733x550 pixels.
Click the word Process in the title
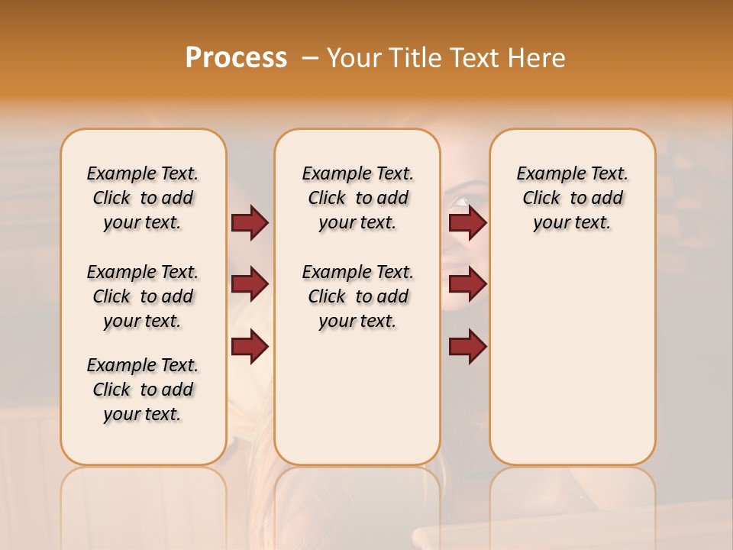(x=236, y=57)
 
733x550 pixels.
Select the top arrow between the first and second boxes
(x=250, y=222)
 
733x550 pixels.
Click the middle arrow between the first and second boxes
(x=250, y=284)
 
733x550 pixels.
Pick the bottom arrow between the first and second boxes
(x=250, y=347)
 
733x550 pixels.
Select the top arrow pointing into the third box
(x=467, y=222)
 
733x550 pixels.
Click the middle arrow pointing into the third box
(x=467, y=284)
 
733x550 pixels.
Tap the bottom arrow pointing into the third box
(x=467, y=347)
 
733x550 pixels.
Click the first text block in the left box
(x=143, y=198)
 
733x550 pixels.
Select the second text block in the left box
(x=143, y=296)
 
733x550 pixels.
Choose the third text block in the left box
(x=143, y=390)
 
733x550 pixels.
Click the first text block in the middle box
(x=357, y=198)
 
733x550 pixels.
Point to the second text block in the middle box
(x=357, y=296)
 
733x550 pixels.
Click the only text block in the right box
(x=572, y=198)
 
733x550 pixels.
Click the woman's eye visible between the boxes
(x=461, y=202)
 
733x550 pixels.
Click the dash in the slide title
(x=309, y=57)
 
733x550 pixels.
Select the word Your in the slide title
(x=355, y=57)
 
